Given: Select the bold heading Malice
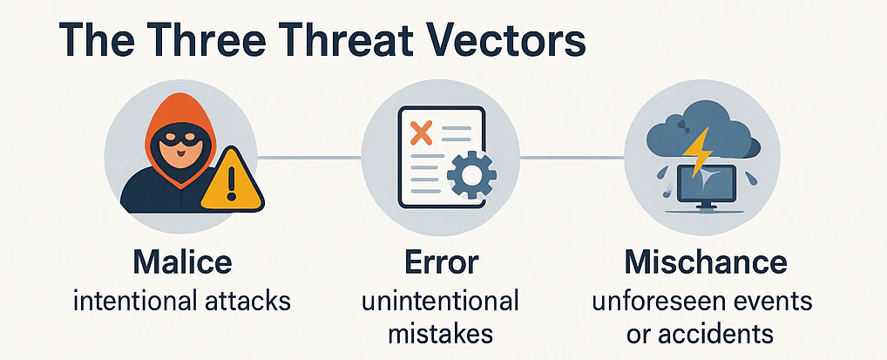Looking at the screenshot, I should pyautogui.click(x=182, y=261).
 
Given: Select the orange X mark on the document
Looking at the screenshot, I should pyautogui.click(x=421, y=133).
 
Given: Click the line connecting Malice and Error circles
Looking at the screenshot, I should pyautogui.click(x=310, y=158).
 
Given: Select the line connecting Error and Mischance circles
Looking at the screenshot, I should pyautogui.click(x=572, y=158).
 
